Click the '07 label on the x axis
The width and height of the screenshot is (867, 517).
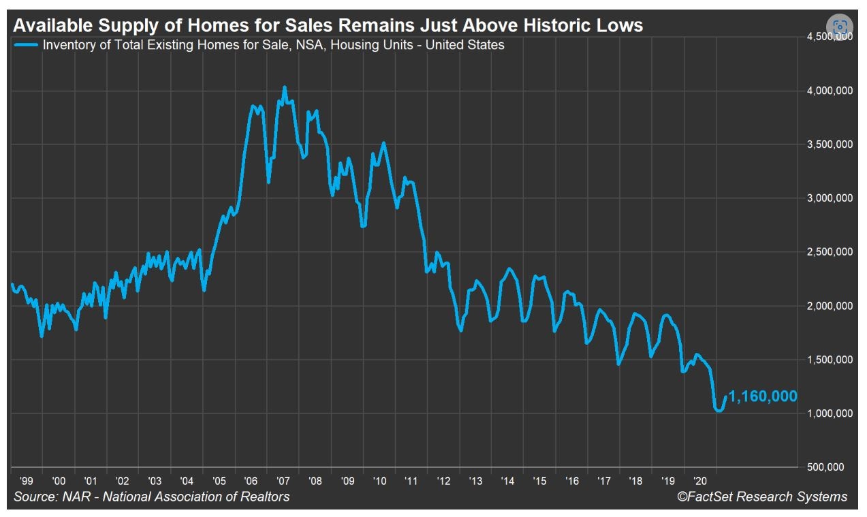[x=284, y=480]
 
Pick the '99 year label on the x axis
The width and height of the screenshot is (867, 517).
[x=27, y=480]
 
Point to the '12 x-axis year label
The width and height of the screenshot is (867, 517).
[x=444, y=480]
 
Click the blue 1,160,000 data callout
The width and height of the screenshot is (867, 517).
[x=763, y=396]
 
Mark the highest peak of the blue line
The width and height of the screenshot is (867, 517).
[x=285, y=87]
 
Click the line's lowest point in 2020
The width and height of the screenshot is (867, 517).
[x=719, y=411]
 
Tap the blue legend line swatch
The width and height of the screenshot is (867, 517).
[x=25, y=46]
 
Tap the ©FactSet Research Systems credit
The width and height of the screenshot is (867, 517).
[x=762, y=497]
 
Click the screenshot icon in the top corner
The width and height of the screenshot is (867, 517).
[x=840, y=27]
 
